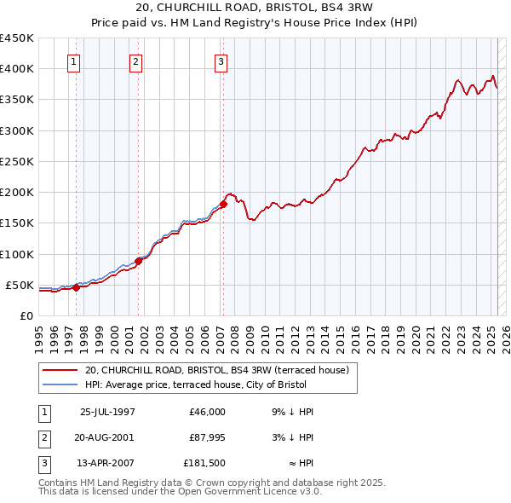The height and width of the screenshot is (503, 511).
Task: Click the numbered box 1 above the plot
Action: (74, 61)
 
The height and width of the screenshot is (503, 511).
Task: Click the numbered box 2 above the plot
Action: (135, 61)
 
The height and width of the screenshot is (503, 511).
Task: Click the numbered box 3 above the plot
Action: (221, 61)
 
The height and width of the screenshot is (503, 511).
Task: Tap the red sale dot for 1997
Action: (76, 287)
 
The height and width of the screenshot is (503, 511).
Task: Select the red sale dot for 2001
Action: (138, 261)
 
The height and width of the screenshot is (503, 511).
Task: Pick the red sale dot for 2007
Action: (223, 204)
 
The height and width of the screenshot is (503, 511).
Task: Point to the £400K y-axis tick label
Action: (17, 69)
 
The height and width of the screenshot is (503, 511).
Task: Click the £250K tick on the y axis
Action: (17, 161)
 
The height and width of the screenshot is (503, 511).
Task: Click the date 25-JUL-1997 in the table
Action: (107, 412)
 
